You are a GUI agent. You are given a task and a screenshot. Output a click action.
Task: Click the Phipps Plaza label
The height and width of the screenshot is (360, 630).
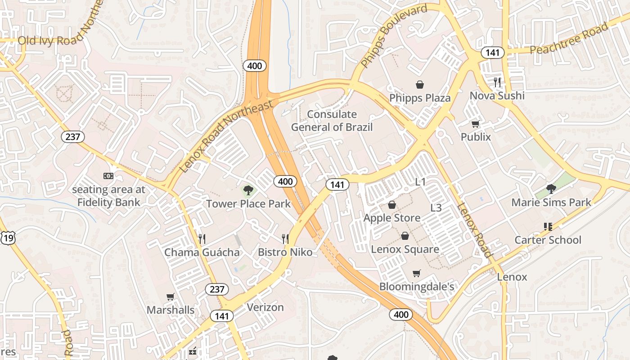(x=419, y=98)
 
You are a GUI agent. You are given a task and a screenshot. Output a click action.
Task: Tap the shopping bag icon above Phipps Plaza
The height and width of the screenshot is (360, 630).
(x=419, y=85)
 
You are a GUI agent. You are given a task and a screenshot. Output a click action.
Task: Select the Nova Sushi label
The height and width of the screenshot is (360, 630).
(x=497, y=95)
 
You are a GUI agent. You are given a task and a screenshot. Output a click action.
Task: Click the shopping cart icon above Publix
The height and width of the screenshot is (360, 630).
(x=475, y=124)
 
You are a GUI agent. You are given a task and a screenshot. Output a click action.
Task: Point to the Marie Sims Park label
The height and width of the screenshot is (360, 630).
(x=551, y=202)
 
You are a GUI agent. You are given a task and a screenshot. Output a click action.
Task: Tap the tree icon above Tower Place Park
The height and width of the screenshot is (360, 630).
(x=248, y=190)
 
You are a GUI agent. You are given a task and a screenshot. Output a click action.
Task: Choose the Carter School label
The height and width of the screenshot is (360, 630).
(x=548, y=240)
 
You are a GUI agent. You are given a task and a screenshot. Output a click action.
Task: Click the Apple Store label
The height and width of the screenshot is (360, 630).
(x=392, y=218)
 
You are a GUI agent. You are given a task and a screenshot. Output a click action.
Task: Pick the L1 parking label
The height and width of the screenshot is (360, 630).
(x=420, y=182)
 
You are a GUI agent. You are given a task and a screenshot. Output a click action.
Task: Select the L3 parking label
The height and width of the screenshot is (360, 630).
(x=436, y=208)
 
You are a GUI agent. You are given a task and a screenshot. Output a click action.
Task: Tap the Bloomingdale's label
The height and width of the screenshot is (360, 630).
(x=416, y=287)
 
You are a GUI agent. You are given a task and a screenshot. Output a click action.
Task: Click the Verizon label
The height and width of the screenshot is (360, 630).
(x=265, y=307)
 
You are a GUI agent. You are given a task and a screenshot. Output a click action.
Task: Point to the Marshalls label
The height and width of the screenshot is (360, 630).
(x=171, y=310)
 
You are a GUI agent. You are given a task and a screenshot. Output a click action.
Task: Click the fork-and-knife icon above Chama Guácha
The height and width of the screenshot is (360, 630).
(x=202, y=238)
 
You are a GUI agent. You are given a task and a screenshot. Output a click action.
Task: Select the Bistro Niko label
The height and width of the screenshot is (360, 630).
(x=285, y=252)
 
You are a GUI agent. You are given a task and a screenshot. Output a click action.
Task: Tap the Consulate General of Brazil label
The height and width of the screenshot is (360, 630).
(x=332, y=121)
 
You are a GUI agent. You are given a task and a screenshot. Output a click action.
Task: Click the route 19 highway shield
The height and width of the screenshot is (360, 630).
(x=8, y=238)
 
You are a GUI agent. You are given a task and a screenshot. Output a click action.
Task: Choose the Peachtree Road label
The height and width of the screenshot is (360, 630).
(x=569, y=40)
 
